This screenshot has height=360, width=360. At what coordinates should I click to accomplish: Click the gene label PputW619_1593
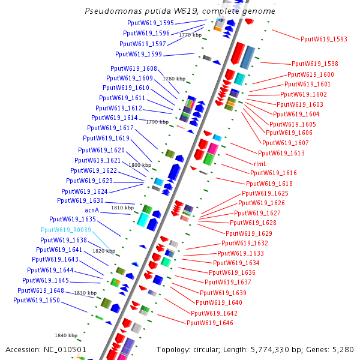click(x=324, y=39)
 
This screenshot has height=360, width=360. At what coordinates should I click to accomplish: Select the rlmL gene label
click(x=260, y=163)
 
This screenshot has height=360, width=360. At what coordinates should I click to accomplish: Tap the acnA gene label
click(x=92, y=210)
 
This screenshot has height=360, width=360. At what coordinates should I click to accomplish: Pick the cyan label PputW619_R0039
click(x=66, y=230)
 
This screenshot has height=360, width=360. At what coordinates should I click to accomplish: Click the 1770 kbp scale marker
click(x=190, y=35)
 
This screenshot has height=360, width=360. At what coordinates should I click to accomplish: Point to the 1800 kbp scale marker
click(x=139, y=165)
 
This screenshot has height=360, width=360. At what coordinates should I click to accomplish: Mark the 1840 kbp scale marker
click(x=66, y=335)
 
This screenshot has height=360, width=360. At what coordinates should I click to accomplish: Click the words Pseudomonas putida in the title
click(x=119, y=11)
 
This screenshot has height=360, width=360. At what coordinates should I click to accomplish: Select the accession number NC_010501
click(x=64, y=349)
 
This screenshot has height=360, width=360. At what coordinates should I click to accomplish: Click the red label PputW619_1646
click(x=209, y=323)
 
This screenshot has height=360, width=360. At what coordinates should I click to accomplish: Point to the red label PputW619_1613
click(x=281, y=153)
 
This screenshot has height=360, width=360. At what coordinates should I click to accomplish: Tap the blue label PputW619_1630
click(x=80, y=200)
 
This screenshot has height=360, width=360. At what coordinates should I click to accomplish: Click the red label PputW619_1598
click(x=315, y=64)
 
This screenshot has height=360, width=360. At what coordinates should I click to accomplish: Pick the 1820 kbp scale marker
click(x=103, y=251)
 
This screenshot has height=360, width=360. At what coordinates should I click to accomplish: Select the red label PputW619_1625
click(x=265, y=193)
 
